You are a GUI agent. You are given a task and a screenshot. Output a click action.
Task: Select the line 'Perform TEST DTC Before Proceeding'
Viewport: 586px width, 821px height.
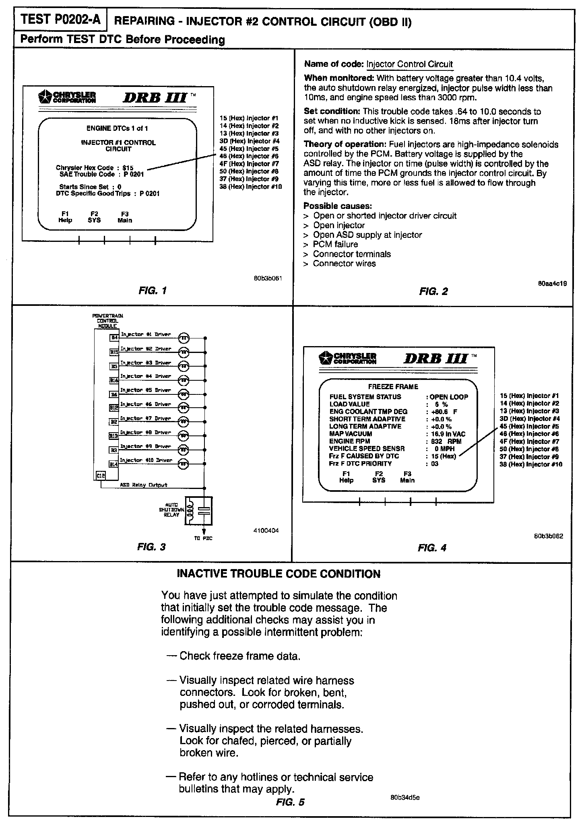click(122, 40)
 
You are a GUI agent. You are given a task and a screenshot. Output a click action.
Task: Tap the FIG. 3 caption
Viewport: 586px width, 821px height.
click(151, 547)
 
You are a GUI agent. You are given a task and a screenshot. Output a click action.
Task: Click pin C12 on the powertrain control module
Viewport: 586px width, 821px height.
click(101, 476)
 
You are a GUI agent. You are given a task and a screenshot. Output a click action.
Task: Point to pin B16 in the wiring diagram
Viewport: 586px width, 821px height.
click(114, 380)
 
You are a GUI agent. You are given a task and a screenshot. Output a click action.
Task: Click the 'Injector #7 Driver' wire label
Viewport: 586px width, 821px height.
click(146, 419)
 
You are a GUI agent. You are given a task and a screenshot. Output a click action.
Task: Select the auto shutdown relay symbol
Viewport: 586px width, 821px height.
click(198, 511)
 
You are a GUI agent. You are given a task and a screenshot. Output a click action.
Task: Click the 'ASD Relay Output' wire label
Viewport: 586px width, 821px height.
click(144, 485)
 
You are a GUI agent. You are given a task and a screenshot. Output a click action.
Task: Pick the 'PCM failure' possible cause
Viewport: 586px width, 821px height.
click(335, 244)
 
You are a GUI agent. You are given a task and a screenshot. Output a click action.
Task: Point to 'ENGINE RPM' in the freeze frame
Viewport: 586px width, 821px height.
click(349, 441)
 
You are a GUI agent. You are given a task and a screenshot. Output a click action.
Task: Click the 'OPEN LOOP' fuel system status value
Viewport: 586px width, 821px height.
click(449, 397)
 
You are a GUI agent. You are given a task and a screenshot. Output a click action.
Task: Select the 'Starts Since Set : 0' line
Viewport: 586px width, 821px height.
click(90, 187)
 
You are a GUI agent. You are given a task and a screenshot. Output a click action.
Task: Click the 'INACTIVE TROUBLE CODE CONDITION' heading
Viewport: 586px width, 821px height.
click(279, 574)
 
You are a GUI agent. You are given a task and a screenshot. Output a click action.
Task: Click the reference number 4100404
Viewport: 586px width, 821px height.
click(266, 531)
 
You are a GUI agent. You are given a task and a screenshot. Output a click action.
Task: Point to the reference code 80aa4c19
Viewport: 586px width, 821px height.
click(552, 284)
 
